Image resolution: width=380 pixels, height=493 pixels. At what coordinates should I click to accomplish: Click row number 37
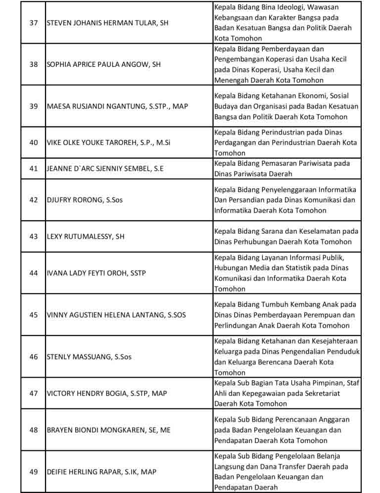tap(34, 23)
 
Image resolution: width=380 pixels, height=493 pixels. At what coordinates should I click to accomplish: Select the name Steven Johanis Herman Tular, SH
tap(107, 23)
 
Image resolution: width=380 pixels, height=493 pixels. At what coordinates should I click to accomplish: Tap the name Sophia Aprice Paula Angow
tap(103, 64)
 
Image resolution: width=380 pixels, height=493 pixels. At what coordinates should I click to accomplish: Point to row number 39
tap(34, 106)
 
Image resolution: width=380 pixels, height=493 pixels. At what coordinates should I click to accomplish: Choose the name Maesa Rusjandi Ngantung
tap(117, 106)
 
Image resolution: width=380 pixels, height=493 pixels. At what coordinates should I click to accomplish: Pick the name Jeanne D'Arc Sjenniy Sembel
tap(105, 168)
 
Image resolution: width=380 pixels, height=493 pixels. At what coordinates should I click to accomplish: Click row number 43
tap(34, 236)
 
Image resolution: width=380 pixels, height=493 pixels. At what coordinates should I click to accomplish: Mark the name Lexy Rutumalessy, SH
tap(86, 236)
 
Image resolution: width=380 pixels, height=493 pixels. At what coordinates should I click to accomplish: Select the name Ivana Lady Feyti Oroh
tap(96, 273)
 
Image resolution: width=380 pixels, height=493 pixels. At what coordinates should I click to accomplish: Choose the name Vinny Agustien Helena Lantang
tap(116, 314)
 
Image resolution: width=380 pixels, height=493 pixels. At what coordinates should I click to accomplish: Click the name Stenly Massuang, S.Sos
tap(89, 356)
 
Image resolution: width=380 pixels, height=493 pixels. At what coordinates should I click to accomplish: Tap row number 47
tap(34, 393)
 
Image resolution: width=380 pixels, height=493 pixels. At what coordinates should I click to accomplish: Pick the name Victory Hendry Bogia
tap(107, 393)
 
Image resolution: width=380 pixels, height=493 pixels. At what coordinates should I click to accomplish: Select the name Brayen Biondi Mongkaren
tap(108, 430)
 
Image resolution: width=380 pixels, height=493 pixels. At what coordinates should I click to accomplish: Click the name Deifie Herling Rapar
tap(101, 472)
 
